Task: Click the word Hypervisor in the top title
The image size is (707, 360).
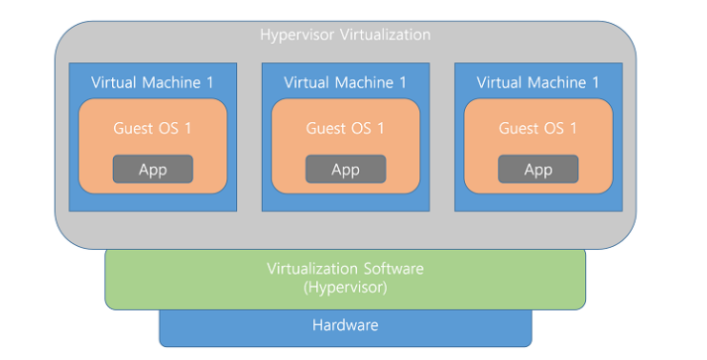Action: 295,35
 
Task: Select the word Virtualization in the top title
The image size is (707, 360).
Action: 382,35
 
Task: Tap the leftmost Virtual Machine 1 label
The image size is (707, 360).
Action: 152,82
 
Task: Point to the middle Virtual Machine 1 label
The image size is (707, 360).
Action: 345,82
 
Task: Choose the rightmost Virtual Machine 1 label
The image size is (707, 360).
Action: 537,82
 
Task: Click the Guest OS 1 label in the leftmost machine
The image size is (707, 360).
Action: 153,128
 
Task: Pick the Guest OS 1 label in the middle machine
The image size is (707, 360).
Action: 345,128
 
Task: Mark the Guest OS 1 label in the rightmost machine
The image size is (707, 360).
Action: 538,128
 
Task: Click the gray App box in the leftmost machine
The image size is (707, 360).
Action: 153,170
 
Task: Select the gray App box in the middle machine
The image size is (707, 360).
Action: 345,170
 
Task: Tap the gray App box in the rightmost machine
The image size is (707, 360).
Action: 538,170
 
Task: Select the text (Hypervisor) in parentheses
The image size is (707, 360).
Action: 345,287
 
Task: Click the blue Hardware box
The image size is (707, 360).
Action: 345,325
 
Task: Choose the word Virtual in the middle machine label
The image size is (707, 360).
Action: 309,82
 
